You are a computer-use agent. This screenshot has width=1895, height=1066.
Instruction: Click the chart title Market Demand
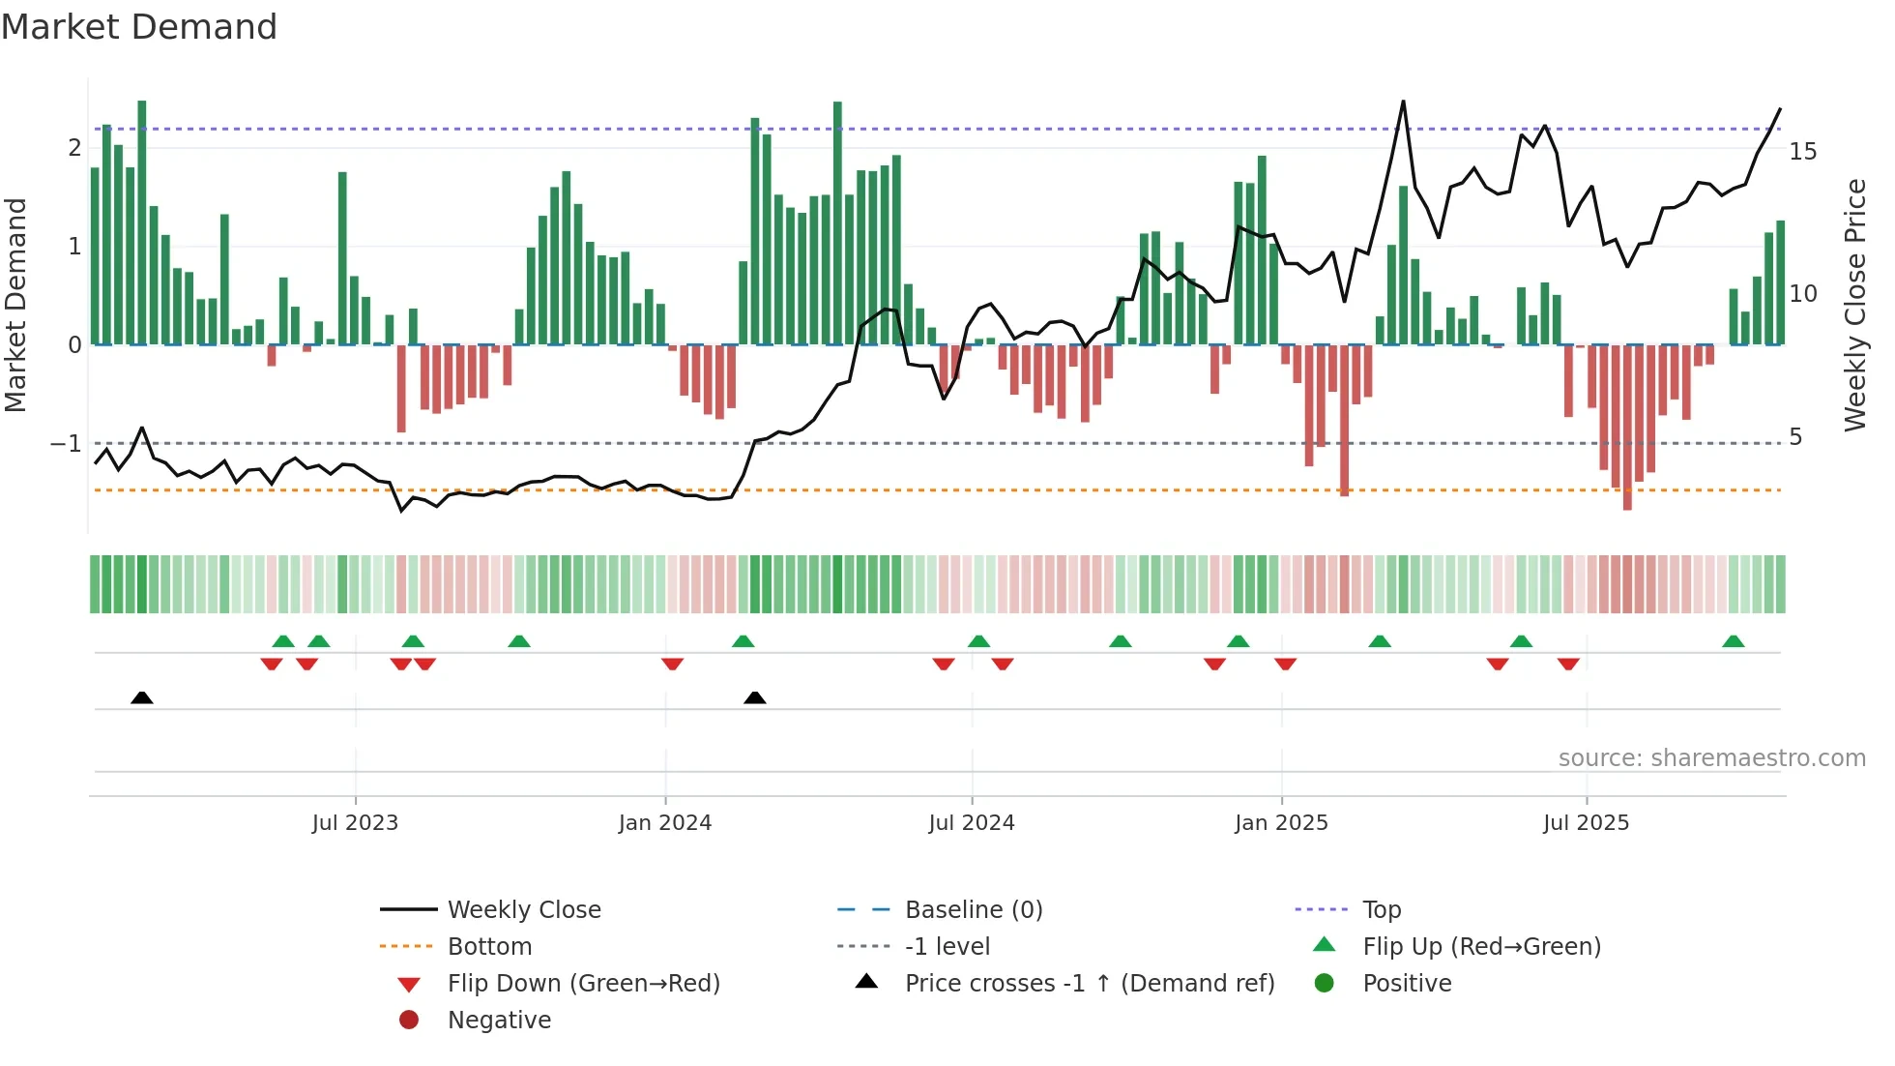click(139, 27)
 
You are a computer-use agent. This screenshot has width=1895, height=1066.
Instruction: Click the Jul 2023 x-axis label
click(355, 823)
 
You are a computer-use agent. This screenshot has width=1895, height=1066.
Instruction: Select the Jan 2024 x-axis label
click(665, 823)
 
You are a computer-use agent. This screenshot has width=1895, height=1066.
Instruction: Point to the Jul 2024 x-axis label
click(972, 823)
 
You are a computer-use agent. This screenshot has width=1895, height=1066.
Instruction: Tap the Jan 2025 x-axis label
click(1281, 823)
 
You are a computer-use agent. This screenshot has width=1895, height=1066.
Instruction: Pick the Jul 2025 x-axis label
click(1586, 823)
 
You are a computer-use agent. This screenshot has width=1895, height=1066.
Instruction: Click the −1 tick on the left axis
click(67, 444)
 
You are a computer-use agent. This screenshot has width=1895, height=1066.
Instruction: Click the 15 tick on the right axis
click(1802, 152)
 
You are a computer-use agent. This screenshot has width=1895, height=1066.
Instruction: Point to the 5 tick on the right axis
click(1795, 437)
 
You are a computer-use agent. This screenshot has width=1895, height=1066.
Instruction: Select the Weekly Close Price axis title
click(1854, 305)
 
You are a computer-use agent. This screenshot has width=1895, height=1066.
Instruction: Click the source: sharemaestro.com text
click(1711, 758)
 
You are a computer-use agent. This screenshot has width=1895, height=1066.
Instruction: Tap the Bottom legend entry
click(489, 947)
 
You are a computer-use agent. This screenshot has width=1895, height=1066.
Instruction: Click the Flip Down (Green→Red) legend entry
click(583, 984)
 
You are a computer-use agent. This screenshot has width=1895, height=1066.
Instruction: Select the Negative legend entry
click(499, 1021)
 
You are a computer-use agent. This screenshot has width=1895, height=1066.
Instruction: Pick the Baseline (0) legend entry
click(974, 910)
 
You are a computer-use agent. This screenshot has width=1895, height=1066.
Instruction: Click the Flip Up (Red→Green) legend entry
click(1481, 947)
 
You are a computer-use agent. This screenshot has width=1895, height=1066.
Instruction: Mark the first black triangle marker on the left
click(142, 697)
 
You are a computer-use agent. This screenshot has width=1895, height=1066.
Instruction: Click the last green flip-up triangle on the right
click(1734, 641)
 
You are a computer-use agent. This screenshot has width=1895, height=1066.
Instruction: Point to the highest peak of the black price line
click(1403, 102)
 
